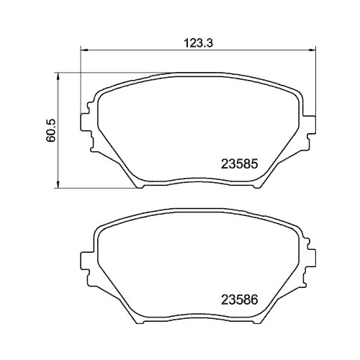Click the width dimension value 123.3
(x=197, y=42)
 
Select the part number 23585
(x=238, y=163)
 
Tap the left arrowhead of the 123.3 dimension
(x=83, y=50)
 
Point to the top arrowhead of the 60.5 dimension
(x=58, y=75)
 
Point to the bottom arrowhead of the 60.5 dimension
(x=58, y=186)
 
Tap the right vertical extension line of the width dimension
(x=314, y=79)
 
